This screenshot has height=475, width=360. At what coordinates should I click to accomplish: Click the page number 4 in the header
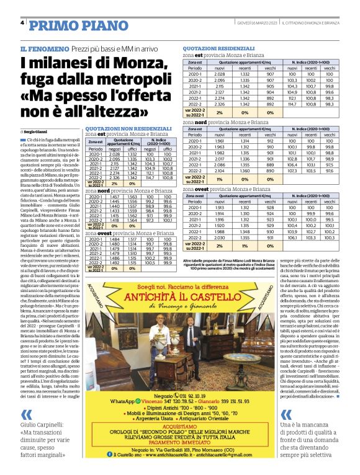(x=22, y=23)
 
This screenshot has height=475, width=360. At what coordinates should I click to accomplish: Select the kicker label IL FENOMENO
(x=42, y=48)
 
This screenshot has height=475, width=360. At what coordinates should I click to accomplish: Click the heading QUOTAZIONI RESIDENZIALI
(x=219, y=48)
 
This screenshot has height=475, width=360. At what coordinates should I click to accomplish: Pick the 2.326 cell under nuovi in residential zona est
(x=219, y=104)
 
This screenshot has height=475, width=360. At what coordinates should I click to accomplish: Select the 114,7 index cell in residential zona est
(x=294, y=104)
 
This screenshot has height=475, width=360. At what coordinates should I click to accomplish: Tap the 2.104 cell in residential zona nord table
(x=219, y=170)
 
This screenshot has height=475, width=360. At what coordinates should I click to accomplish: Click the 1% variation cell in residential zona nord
(x=219, y=179)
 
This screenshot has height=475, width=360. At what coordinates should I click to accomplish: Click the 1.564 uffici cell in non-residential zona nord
(x=131, y=220)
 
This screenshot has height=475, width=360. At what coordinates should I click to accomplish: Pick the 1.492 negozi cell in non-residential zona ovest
(x=114, y=262)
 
